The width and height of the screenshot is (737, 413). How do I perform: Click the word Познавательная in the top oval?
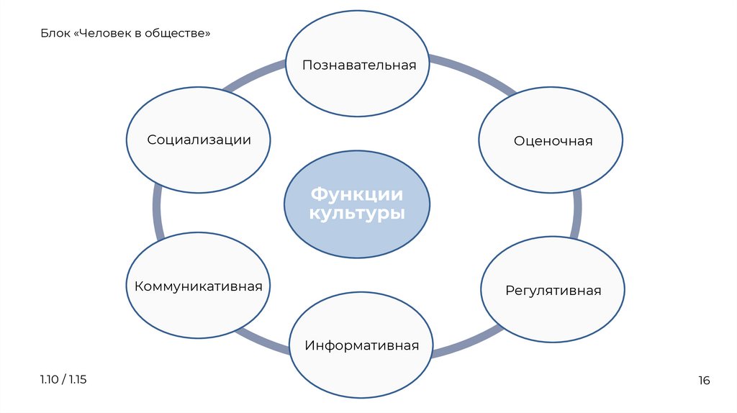click(359, 65)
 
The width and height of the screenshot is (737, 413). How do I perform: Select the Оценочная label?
click(553, 141)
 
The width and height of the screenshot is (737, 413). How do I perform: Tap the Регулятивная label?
click(553, 291)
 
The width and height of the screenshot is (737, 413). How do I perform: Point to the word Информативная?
click(361, 345)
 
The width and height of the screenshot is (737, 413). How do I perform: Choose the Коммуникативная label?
click(198, 286)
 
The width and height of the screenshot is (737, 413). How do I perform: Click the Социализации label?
click(199, 140)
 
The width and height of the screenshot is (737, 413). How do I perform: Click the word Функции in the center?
click(357, 194)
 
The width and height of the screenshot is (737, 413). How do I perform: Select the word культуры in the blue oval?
click(357, 214)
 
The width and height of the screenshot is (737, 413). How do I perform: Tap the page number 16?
click(704, 381)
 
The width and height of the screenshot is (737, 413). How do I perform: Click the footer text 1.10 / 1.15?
click(63, 379)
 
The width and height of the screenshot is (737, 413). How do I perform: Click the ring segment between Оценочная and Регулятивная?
click(577, 214)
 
